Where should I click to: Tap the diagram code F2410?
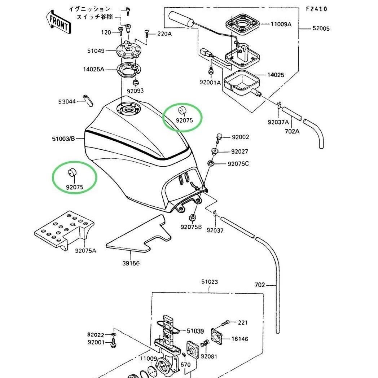[x=317, y=9]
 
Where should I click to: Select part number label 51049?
[x=96, y=51]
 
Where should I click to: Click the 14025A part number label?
[x=94, y=69]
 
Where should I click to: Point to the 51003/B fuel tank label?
[x=63, y=139]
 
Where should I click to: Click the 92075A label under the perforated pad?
[x=85, y=251]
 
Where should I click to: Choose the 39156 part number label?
[x=131, y=263]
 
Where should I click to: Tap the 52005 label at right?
[x=321, y=28]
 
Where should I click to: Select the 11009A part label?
[x=281, y=24]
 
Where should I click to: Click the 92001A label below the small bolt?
[x=210, y=83]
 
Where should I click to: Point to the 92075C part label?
[x=238, y=164]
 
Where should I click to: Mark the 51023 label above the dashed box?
[x=210, y=282]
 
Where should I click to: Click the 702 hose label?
[x=260, y=285]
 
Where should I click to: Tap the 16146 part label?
[x=239, y=339]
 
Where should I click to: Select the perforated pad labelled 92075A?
[x=64, y=230]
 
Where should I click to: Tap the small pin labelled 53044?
[x=88, y=101]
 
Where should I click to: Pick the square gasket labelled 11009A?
[x=242, y=25]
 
